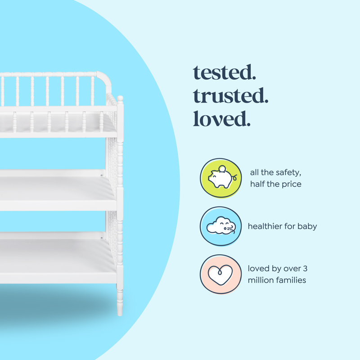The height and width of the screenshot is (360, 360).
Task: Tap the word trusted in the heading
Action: coord(231,96)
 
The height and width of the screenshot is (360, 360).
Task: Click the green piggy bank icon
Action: coord(218,178)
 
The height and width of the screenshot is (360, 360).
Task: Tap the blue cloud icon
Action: coord(218,226)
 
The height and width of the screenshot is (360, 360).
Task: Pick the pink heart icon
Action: coord(218,274)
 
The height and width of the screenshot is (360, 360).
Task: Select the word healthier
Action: coord(265,226)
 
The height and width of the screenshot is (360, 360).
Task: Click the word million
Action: coord(261,280)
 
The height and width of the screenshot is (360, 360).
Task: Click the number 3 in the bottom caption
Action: coord(305,269)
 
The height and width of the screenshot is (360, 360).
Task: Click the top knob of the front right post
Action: coord(120,99)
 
